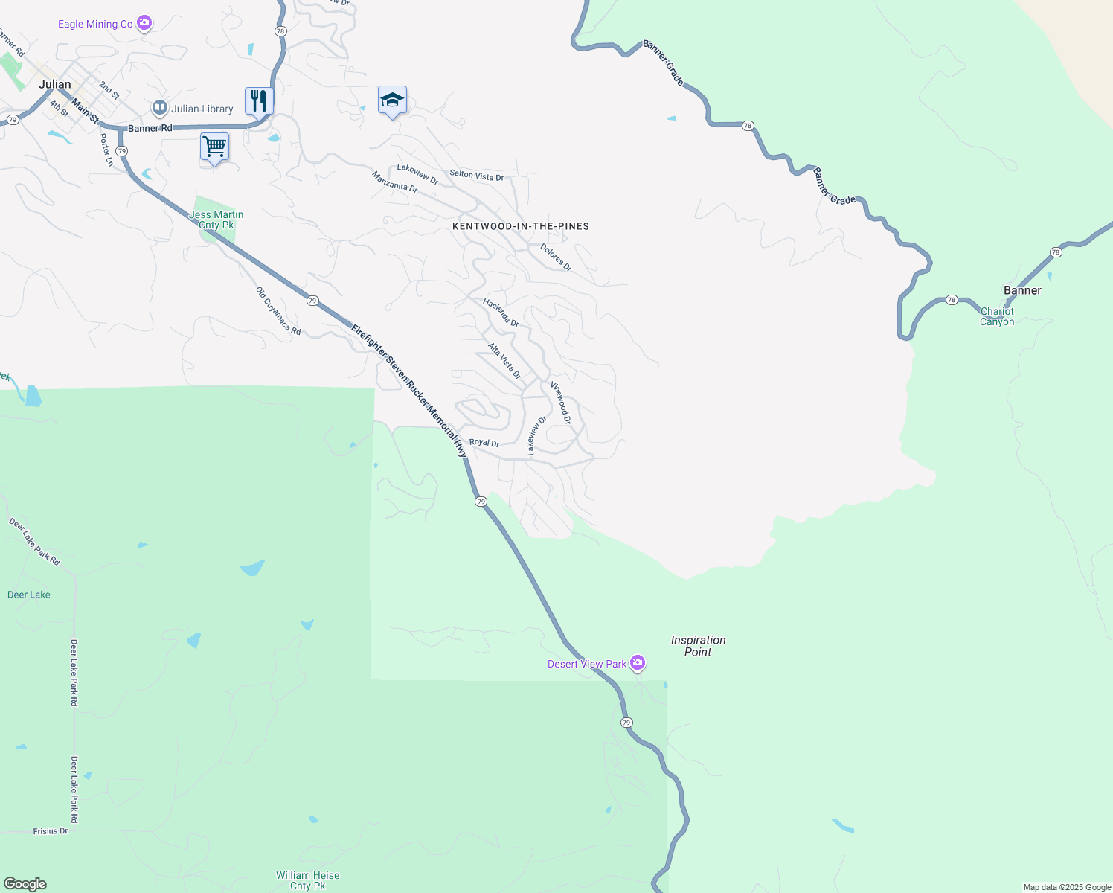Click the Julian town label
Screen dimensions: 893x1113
click(x=55, y=84)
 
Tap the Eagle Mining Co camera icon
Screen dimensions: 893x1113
click(x=144, y=23)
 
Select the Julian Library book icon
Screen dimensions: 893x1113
click(x=159, y=109)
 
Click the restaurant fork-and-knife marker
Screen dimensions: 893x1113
click(x=259, y=100)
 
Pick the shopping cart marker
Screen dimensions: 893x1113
click(x=214, y=146)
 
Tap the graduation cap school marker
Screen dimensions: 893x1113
click(x=392, y=100)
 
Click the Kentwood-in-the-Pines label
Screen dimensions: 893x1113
click(x=521, y=226)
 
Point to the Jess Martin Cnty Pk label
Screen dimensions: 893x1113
click(x=216, y=220)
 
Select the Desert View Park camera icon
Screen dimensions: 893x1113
click(x=638, y=662)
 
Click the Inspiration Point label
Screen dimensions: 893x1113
click(x=698, y=646)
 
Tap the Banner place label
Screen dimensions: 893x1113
click(x=1022, y=290)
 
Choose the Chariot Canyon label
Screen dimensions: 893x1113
click(x=997, y=316)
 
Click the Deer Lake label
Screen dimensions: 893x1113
click(x=29, y=595)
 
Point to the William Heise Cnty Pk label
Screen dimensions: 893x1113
click(x=307, y=880)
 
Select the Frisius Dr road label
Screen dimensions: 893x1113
click(x=51, y=831)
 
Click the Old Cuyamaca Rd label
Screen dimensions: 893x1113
click(x=278, y=311)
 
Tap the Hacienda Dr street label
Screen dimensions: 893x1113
click(x=501, y=313)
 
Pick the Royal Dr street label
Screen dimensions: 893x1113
click(x=484, y=442)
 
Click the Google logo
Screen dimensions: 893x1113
click(x=25, y=884)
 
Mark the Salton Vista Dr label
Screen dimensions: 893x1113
click(x=477, y=176)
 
